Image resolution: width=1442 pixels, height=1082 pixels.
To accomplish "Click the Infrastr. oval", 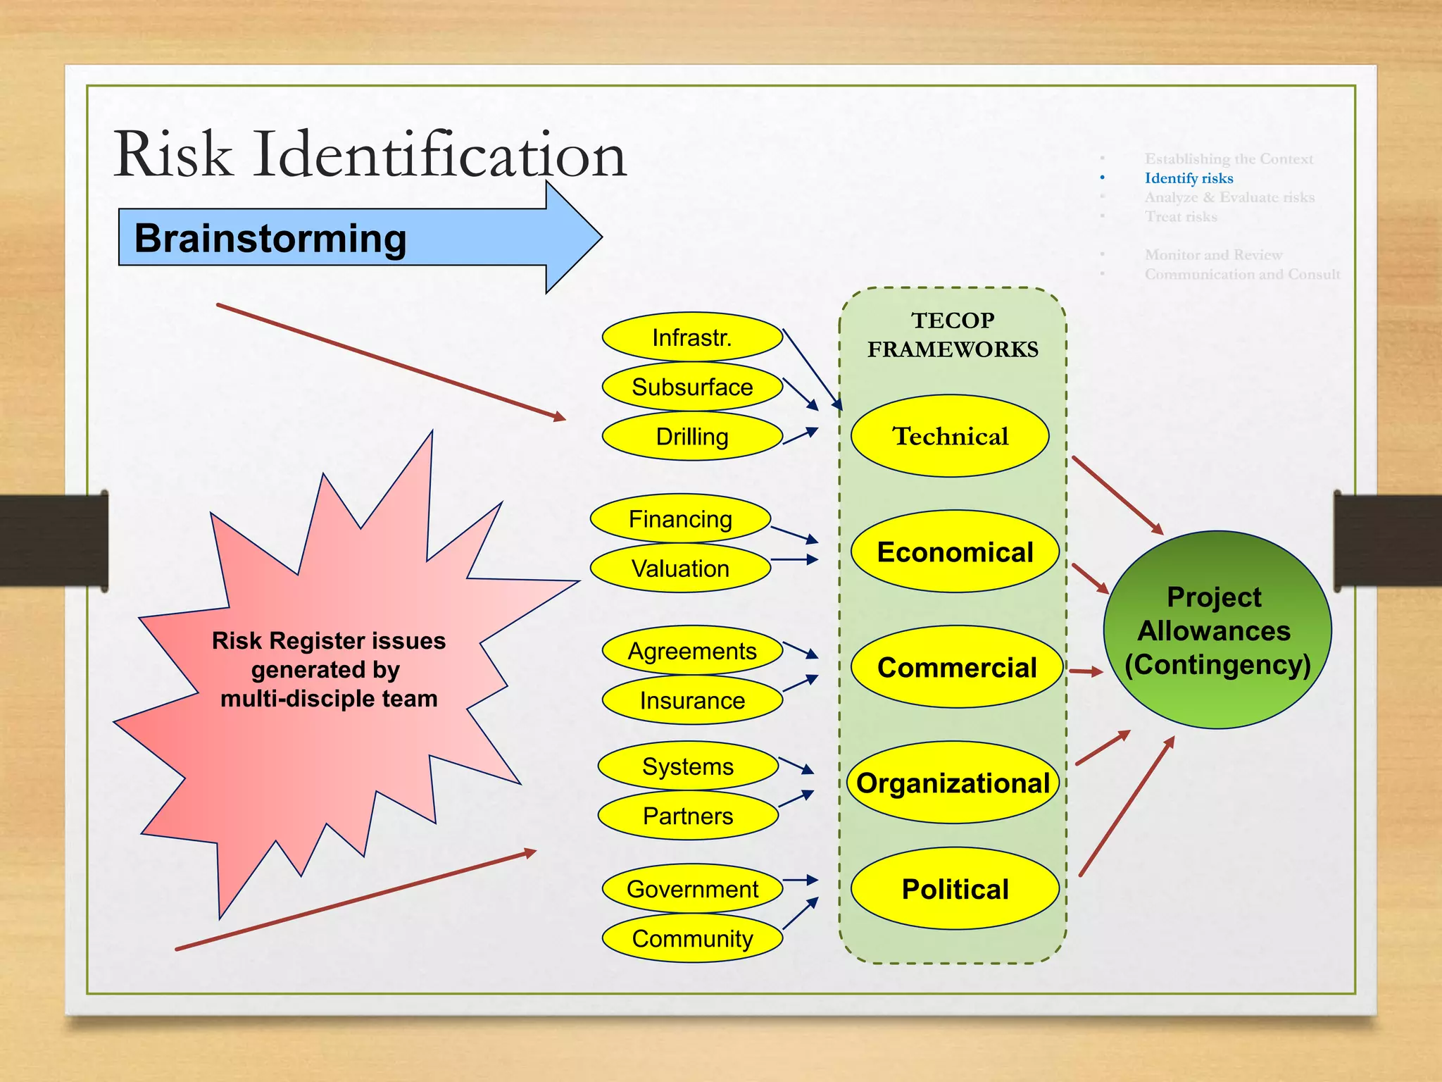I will [692, 337].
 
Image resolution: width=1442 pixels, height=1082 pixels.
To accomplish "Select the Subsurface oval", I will [692, 387].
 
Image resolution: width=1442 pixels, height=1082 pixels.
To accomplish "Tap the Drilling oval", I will [692, 436].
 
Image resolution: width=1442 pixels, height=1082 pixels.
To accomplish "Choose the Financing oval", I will [680, 518].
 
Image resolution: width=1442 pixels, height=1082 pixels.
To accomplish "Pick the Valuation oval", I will [680, 568].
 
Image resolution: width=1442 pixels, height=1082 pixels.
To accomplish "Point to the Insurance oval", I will [692, 700].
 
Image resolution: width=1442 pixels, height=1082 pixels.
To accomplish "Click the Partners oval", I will [688, 816].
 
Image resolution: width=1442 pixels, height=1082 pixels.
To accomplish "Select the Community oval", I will [692, 938].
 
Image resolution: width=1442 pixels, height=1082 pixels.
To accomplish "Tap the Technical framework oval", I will [950, 436].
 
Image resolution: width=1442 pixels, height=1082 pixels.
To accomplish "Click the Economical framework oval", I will [955, 552].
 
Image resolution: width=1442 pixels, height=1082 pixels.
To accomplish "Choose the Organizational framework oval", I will [953, 783].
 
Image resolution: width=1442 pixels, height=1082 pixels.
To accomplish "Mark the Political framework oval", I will [955, 889].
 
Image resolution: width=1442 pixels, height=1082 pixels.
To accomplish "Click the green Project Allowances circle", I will [1217, 630].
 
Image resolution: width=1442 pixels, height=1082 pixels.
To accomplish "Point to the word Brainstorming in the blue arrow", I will [270, 238].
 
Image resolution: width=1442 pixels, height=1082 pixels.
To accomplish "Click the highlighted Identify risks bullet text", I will [1189, 178].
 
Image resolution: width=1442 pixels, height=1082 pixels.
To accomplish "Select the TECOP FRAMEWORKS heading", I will [953, 335].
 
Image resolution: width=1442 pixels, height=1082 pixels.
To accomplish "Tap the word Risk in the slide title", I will [173, 154].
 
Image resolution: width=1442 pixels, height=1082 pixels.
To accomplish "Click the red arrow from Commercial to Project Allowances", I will [1086, 671].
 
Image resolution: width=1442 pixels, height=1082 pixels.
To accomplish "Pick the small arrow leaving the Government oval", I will [801, 880].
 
